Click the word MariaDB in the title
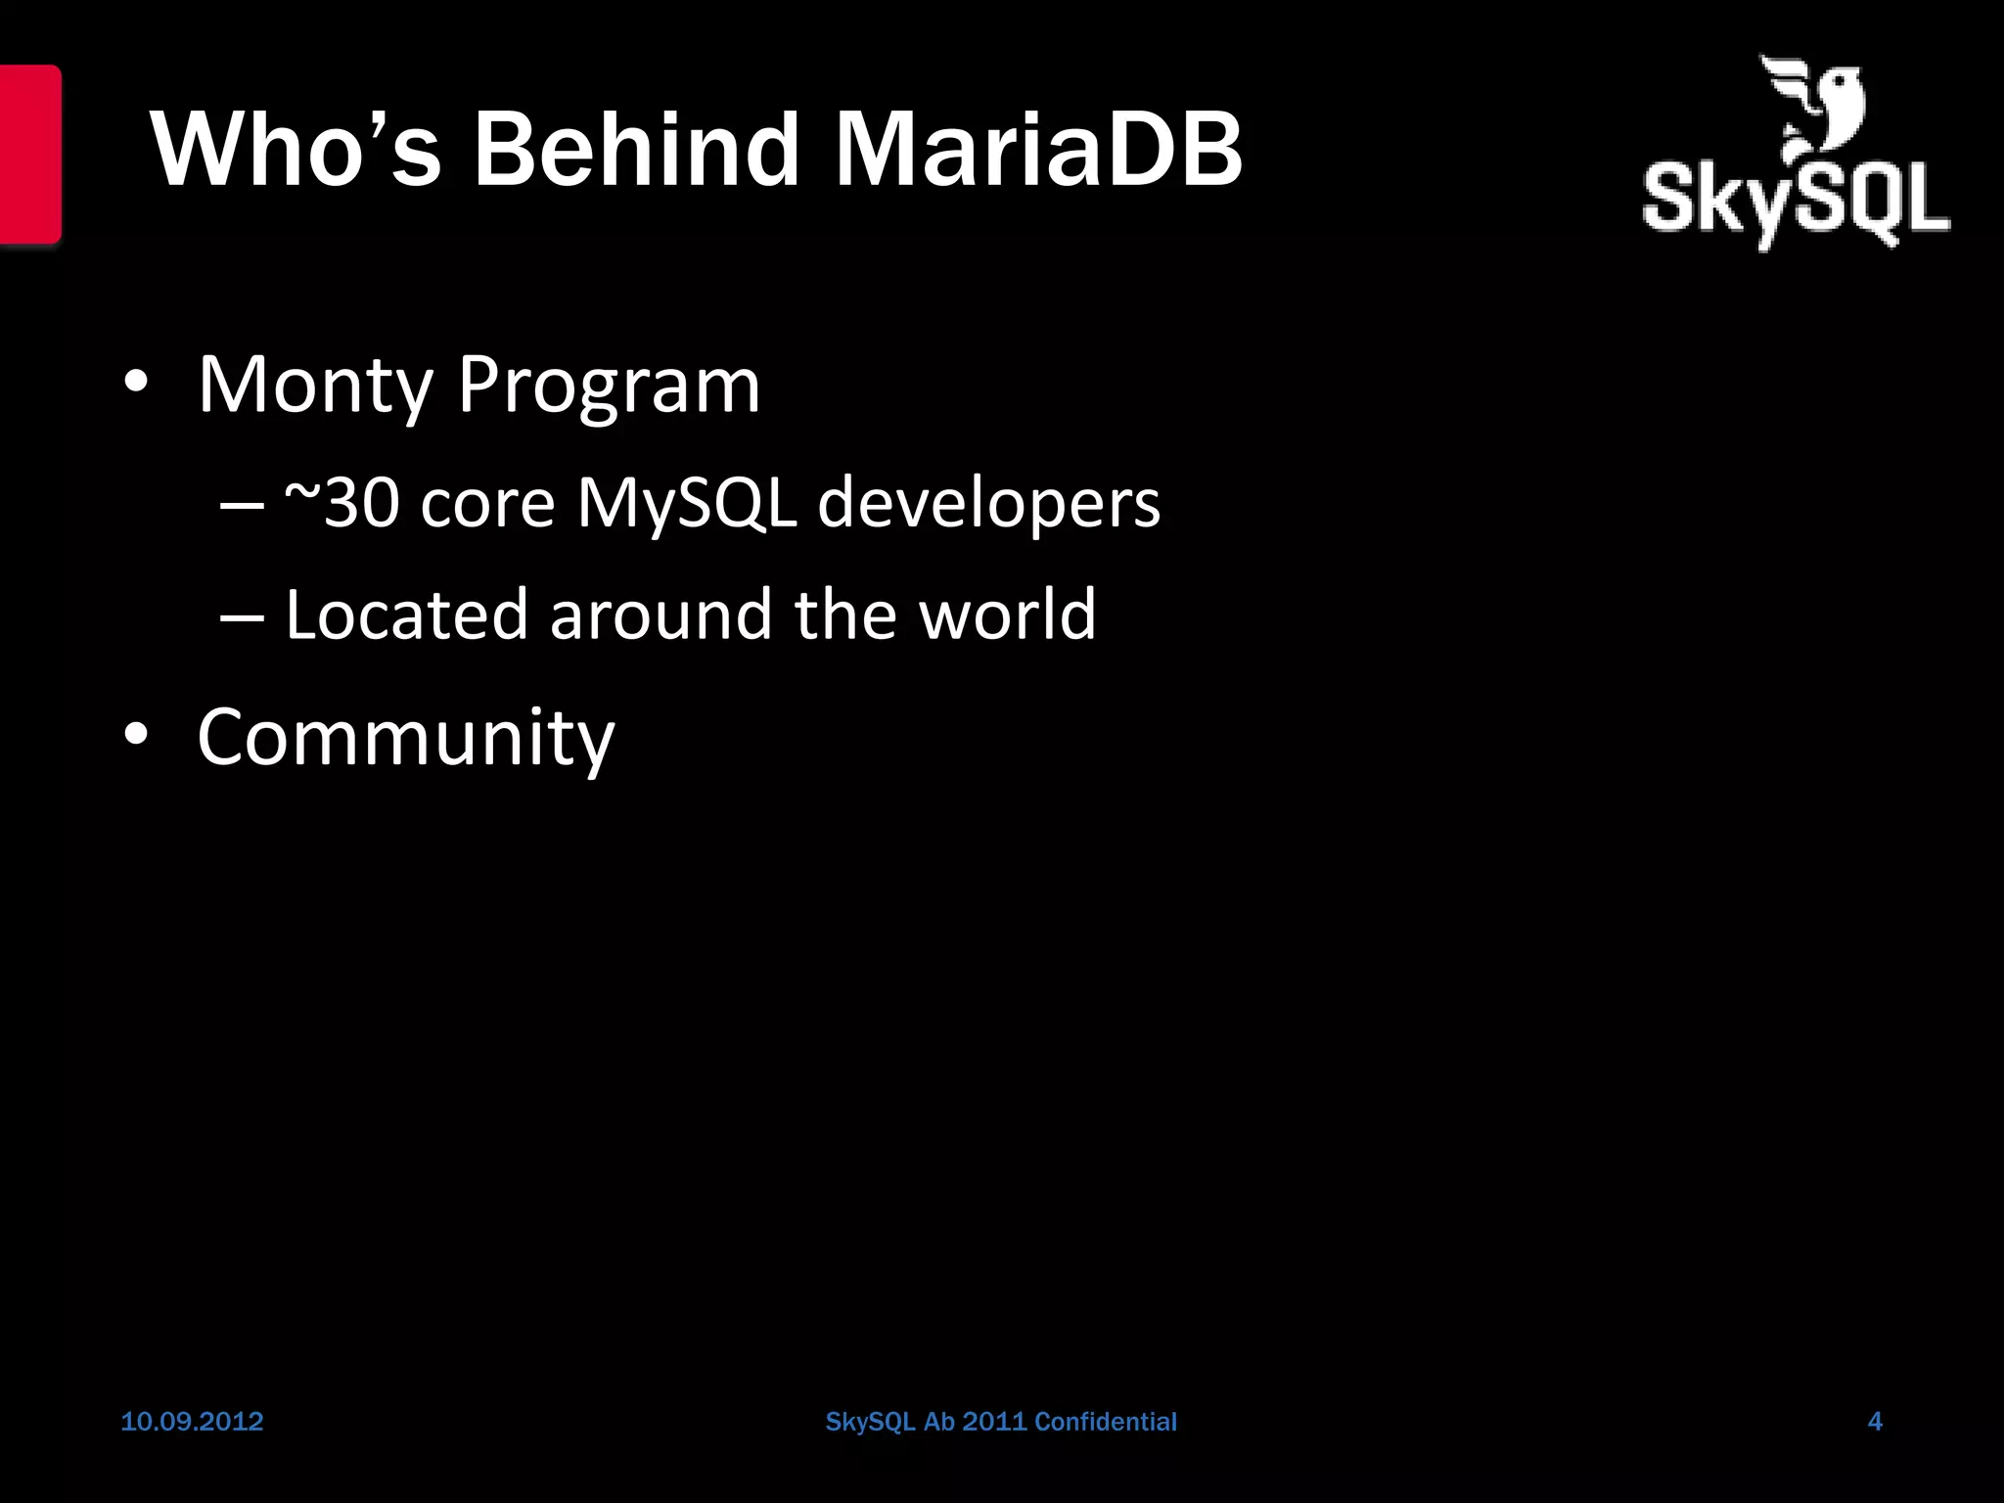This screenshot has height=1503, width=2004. (x=1037, y=150)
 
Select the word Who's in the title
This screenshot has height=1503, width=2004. (x=296, y=150)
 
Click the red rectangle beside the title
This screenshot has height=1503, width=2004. (x=29, y=154)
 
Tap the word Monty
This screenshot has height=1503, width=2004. (x=315, y=385)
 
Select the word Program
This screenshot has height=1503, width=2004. (x=609, y=385)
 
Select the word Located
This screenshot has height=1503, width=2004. (x=406, y=615)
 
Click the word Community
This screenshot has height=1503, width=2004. (x=406, y=737)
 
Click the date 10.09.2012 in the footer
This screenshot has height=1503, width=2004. (x=192, y=1422)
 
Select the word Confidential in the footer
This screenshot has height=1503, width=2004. (x=1105, y=1422)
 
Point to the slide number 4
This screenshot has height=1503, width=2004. (x=1875, y=1422)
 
